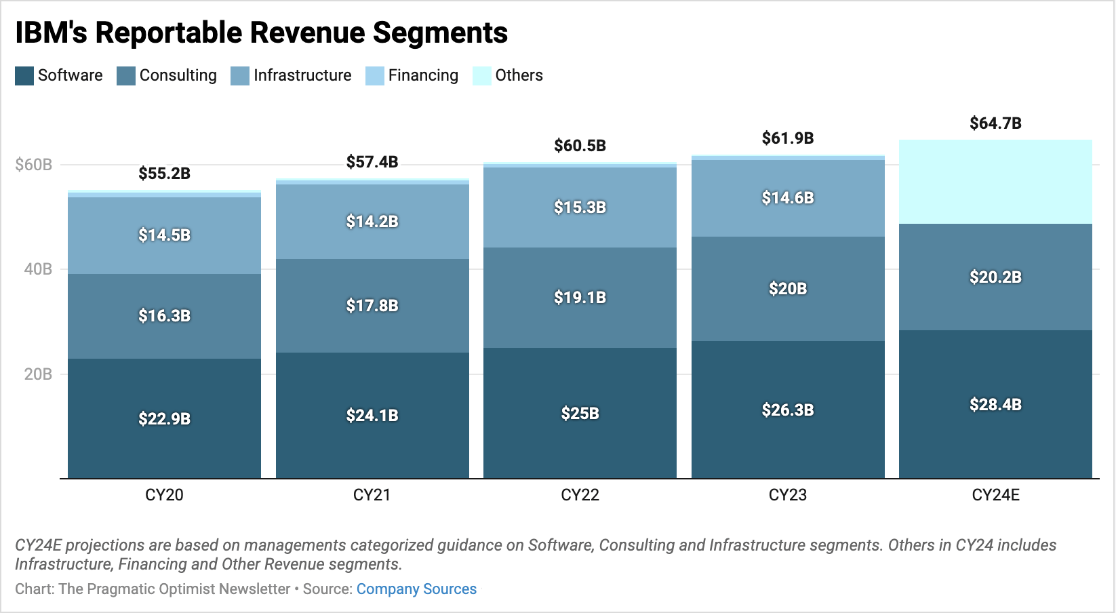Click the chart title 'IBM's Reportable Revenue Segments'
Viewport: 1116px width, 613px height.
[261, 33]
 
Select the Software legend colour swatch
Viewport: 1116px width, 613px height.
[24, 75]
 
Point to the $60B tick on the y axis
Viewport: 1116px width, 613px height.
[33, 165]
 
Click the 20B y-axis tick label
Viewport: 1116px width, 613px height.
[38, 374]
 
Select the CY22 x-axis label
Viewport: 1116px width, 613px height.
[580, 495]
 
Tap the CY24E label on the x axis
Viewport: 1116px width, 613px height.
[995, 495]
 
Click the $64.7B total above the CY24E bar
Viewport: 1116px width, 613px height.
[995, 123]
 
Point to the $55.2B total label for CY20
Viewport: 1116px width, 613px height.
[164, 174]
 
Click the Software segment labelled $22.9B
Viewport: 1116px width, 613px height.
[164, 418]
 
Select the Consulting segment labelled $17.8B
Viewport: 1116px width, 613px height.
[372, 305]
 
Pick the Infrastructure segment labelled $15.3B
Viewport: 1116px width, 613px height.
[580, 207]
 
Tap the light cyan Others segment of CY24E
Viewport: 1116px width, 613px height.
[995, 182]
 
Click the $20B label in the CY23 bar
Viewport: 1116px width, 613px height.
[788, 289]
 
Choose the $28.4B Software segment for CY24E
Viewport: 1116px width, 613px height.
[995, 405]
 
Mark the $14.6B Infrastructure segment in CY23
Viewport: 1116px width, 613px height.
[788, 198]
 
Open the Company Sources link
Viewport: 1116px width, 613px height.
[416, 589]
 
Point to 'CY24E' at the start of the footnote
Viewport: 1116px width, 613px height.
[38, 545]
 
